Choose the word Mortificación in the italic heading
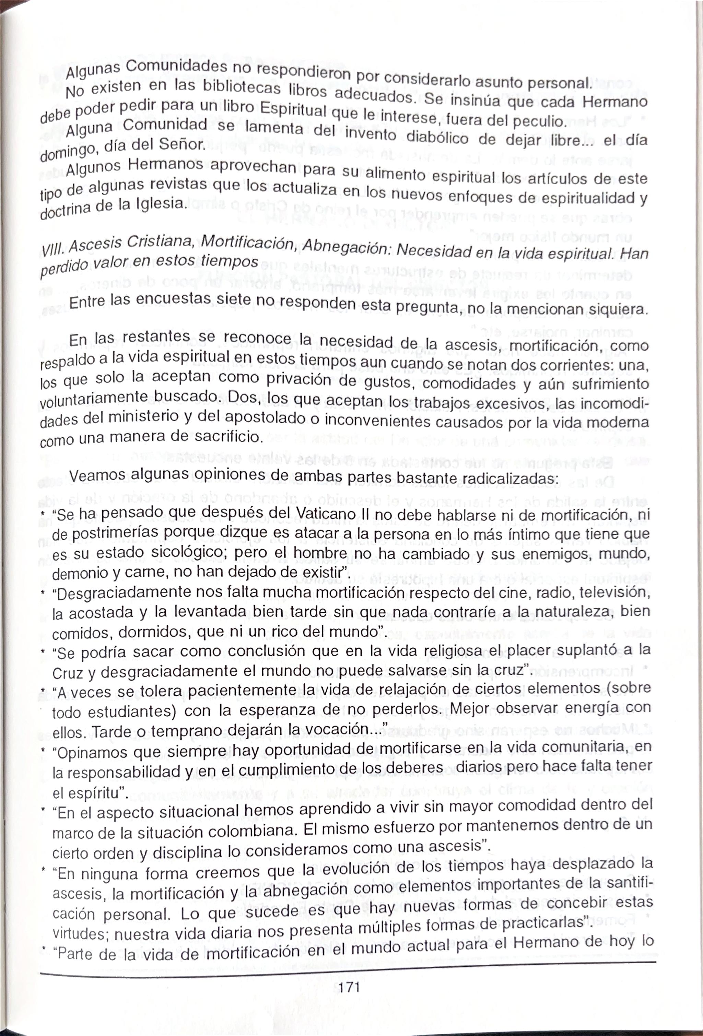[x=248, y=243]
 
